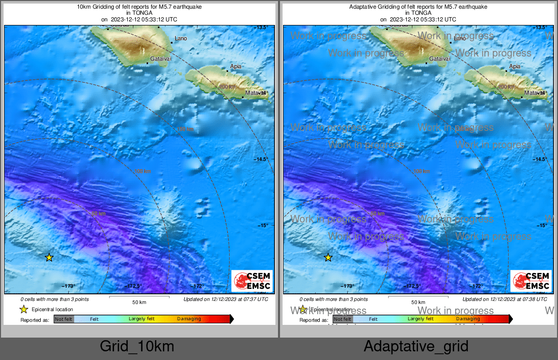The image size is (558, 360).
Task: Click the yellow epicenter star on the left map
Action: coord(49,258)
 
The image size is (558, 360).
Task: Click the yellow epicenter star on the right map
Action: coord(328,258)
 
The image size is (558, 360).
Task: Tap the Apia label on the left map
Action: coord(236,66)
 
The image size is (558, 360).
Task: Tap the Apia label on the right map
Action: coord(515,66)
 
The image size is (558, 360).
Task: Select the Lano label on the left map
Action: coord(181,38)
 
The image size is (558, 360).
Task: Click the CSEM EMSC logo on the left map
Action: coord(252,281)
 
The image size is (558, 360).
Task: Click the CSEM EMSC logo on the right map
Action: coord(531,281)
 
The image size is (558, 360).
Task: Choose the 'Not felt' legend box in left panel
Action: coord(64,319)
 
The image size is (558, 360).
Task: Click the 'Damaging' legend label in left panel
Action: coord(189,319)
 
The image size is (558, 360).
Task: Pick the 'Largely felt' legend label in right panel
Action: coord(421,319)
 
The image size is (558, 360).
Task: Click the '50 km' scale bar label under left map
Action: coord(139,302)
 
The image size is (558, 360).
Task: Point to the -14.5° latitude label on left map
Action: coord(261,159)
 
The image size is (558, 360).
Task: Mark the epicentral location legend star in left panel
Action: coord(23,309)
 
